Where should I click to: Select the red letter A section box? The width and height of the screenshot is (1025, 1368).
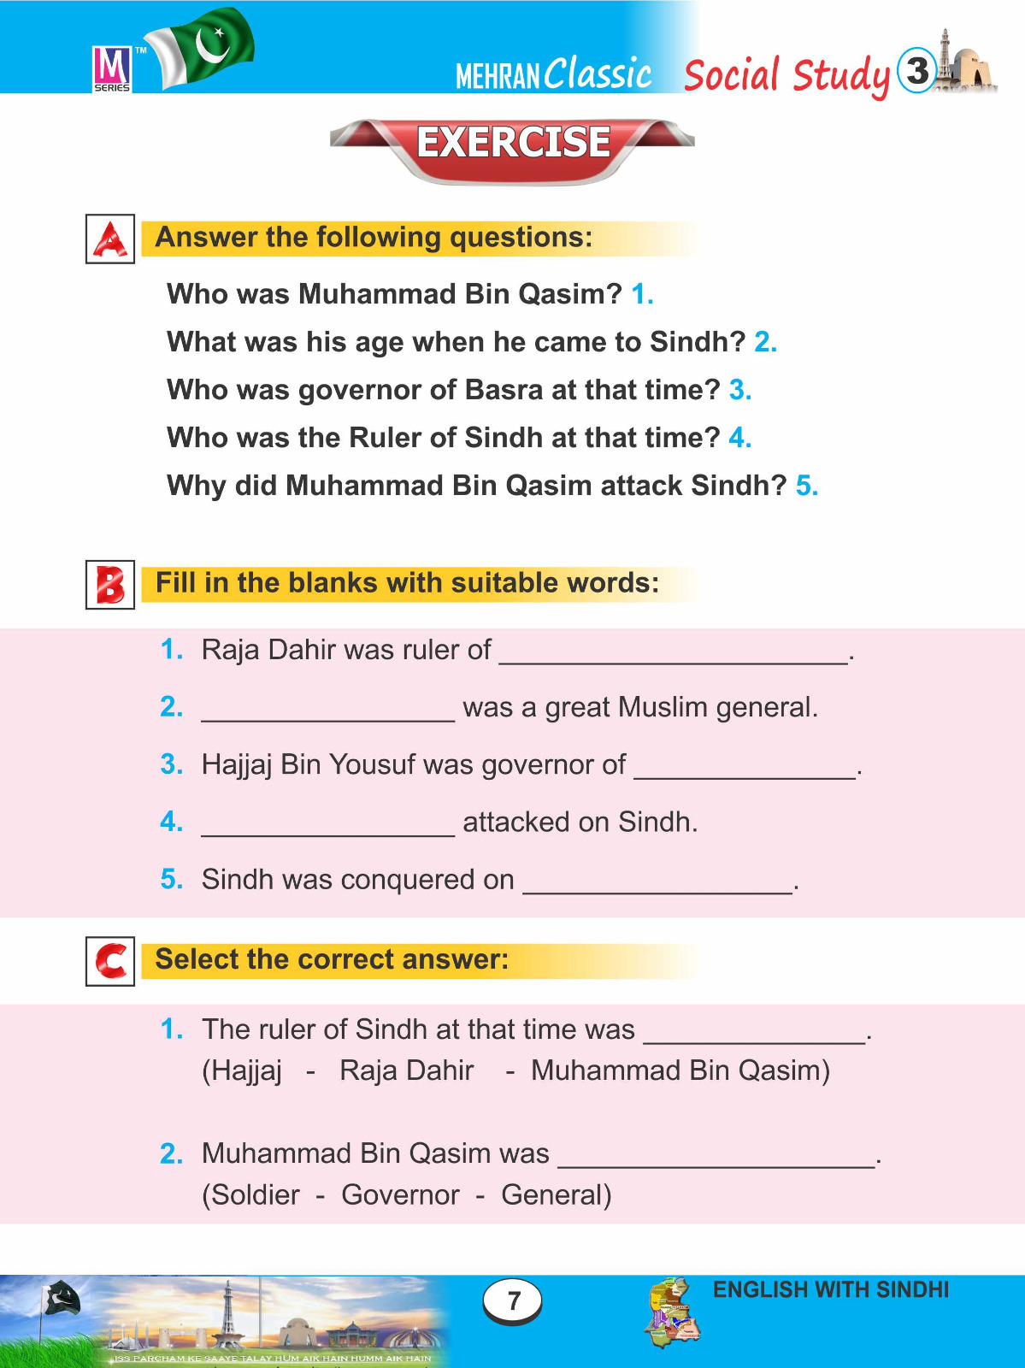pos(110,239)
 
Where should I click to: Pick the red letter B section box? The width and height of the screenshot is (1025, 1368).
pos(110,585)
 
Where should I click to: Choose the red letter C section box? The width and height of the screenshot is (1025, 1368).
pos(110,961)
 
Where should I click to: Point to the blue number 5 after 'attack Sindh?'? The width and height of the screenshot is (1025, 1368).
pos(806,486)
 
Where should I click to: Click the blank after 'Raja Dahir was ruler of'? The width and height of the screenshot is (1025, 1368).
pos(674,655)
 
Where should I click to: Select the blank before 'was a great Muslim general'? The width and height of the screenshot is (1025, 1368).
pos(327,712)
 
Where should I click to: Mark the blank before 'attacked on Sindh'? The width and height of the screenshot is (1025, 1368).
pos(327,827)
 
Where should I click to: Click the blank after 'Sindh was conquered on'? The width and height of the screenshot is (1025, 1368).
pos(657,884)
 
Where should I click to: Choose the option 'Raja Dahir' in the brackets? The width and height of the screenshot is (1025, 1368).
pos(407,1070)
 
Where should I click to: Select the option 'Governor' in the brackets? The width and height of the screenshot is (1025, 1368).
pos(400,1194)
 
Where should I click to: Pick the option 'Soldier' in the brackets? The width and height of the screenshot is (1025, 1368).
pos(255,1194)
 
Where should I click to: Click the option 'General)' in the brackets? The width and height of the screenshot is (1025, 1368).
pos(557,1194)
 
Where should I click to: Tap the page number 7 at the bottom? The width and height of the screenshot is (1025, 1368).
pos(513,1300)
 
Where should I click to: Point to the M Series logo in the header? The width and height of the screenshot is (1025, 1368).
pos(112,68)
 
